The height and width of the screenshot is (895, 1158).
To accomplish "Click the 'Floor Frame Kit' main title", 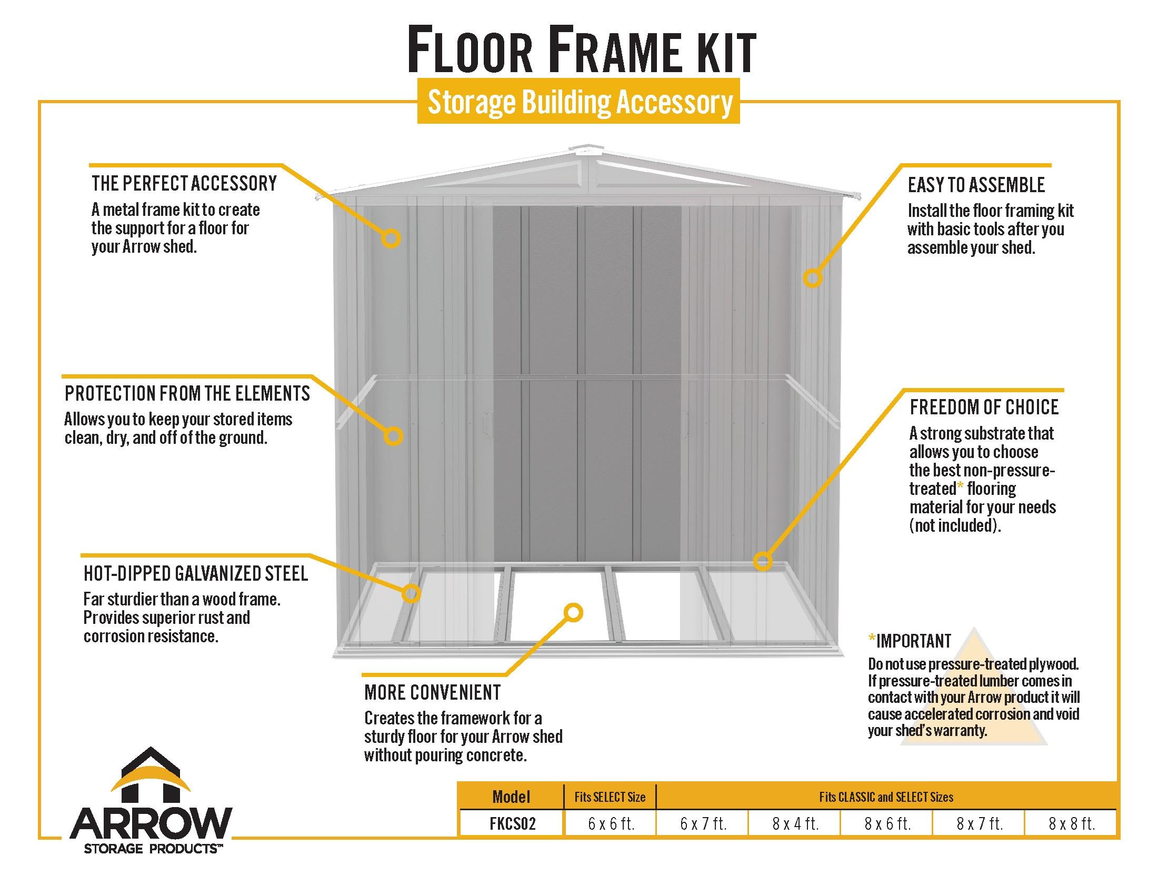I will (x=581, y=52).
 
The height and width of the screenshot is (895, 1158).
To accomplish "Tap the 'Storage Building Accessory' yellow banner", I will (x=578, y=102).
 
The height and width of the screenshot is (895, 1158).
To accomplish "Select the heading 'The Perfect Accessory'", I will (x=184, y=183).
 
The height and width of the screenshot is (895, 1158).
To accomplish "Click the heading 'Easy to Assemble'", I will (x=975, y=185).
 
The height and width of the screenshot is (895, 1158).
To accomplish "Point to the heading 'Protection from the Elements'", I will (x=187, y=393).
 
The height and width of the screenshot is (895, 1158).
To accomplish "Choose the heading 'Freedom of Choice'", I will (x=984, y=407).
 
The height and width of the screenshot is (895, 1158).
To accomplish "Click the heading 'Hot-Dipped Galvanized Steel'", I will (x=196, y=574).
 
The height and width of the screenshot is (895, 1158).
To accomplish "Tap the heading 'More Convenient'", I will (x=432, y=692).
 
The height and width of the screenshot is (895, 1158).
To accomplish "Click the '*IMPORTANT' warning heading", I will (x=910, y=641).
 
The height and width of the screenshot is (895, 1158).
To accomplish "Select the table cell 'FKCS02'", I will (x=512, y=823).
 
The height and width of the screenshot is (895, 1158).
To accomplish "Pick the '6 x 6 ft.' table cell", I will (x=611, y=823).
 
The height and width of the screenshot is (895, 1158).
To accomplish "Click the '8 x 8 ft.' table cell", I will (x=1071, y=823).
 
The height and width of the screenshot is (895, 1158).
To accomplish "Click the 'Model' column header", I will (x=511, y=797).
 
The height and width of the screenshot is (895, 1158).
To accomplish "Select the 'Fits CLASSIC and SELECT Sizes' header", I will (x=885, y=797).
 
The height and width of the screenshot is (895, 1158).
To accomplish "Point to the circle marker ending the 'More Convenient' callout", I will (x=573, y=613).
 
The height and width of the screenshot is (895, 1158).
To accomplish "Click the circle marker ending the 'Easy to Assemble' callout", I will (x=812, y=278).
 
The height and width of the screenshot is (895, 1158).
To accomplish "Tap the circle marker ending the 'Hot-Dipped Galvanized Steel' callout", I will (x=411, y=593).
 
